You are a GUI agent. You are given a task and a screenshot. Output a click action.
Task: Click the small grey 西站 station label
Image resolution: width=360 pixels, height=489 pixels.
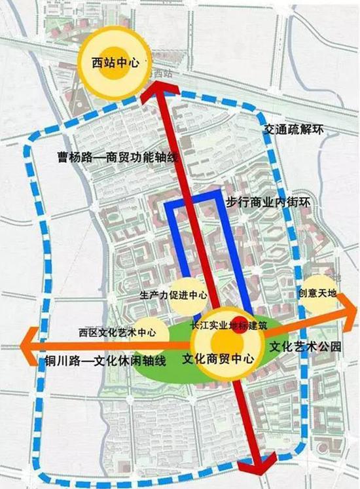pos(161,75)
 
